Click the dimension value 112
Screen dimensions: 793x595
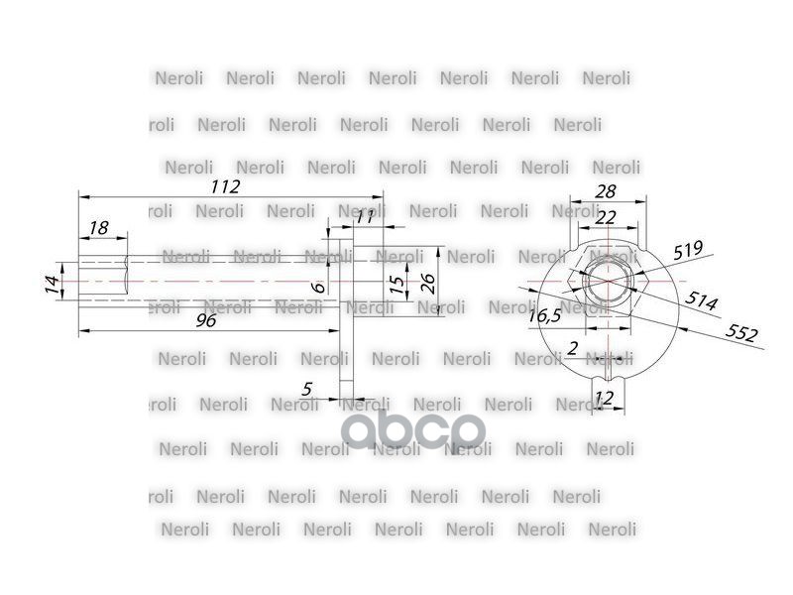(226, 186)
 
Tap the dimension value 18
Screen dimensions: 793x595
(97, 228)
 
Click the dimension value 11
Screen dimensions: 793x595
(364, 217)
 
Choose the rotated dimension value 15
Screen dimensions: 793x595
(396, 285)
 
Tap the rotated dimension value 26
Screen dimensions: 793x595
(428, 283)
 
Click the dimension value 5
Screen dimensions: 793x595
(308, 390)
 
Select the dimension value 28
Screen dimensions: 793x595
(606, 191)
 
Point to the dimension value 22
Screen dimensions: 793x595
(605, 217)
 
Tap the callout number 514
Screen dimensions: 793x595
(701, 301)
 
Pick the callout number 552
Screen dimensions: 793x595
(741, 332)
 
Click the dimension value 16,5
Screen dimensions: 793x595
(543, 315)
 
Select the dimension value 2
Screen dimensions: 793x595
(572, 347)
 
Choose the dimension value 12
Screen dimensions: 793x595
(604, 398)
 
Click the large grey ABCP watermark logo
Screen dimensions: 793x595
(413, 429)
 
